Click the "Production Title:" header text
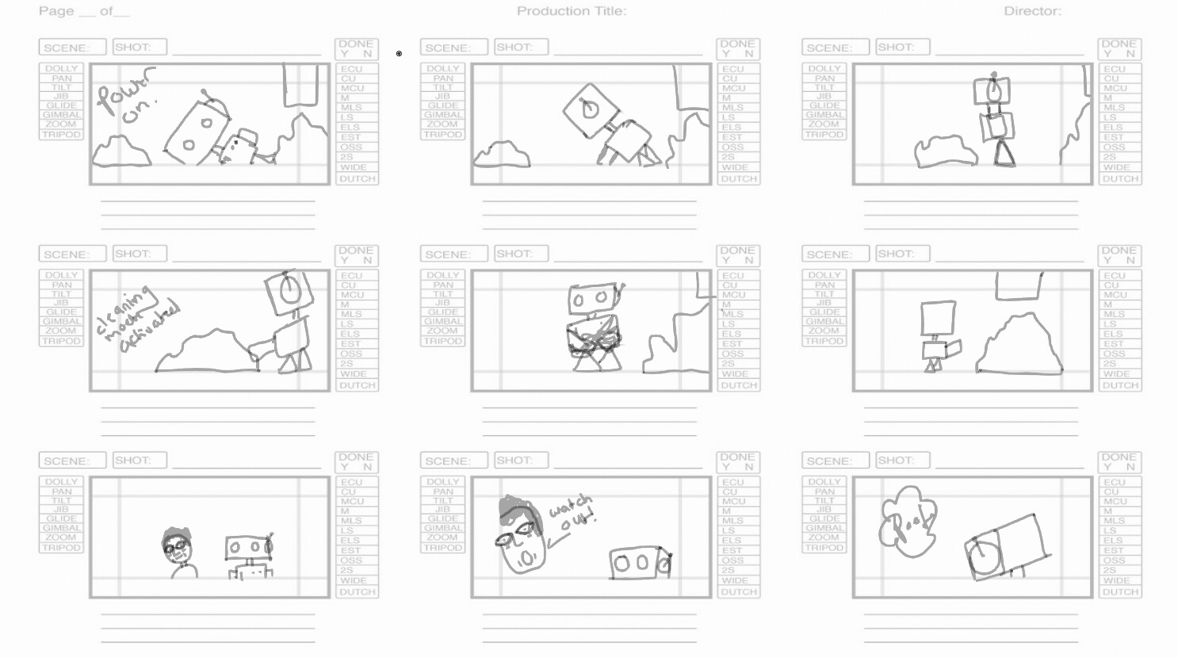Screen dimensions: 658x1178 [x=571, y=11]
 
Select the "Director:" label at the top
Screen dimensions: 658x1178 [x=1032, y=11]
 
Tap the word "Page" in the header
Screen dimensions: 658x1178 [x=56, y=11]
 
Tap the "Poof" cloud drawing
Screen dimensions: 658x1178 [x=907, y=522]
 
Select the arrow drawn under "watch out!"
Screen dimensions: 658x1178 [x=560, y=540]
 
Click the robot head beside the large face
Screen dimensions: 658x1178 [x=640, y=563]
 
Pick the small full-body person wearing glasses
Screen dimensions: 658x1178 [x=179, y=553]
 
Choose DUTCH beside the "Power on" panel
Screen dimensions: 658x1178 [x=357, y=179]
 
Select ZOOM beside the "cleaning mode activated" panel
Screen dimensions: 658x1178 [x=61, y=331]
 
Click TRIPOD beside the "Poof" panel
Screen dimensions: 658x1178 [x=824, y=548]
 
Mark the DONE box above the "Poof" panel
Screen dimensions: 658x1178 [x=1119, y=461]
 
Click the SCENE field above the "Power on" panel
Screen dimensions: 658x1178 [x=72, y=48]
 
